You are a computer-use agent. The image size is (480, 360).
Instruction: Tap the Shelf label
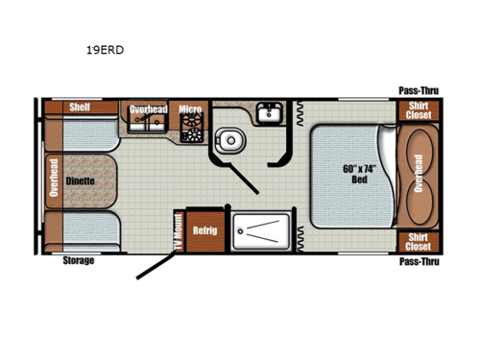coord(80,108)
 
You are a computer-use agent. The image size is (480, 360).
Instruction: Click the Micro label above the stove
coord(188,109)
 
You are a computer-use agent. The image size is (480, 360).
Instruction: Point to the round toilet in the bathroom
coord(228,141)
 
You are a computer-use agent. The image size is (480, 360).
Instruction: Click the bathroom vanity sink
coord(268,116)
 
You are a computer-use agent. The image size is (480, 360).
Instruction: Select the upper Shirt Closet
coord(417,110)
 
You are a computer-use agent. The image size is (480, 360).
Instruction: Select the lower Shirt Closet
coord(417,241)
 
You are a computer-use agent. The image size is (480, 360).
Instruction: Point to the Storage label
coord(79,261)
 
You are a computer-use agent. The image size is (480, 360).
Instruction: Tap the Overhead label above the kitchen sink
coord(149,109)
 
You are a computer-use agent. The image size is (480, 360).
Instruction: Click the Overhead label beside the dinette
coord(53,179)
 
